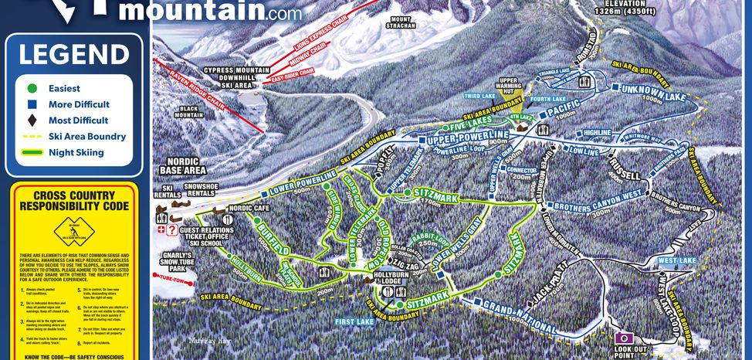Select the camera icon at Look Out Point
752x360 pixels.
(623, 338)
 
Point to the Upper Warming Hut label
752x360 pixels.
(507, 85)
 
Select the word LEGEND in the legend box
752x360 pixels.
(74, 55)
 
